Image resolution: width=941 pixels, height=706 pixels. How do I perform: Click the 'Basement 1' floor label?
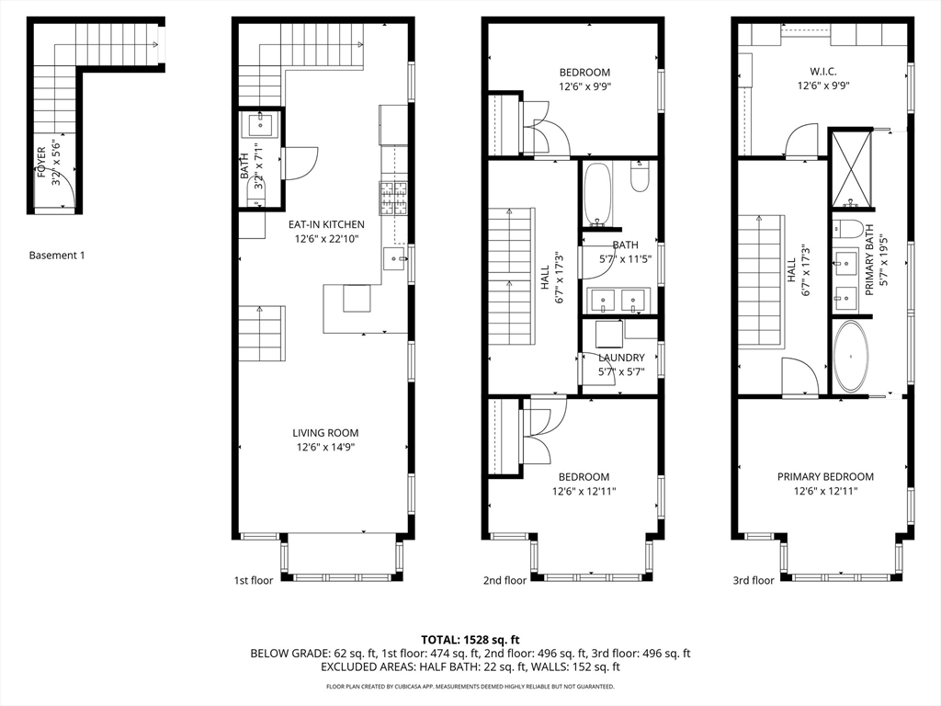point(57,256)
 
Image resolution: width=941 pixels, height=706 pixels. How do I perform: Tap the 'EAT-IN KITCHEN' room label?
point(326,224)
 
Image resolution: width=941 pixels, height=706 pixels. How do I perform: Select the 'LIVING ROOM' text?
point(326,433)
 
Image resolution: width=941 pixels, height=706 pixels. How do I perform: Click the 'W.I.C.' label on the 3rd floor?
point(823,72)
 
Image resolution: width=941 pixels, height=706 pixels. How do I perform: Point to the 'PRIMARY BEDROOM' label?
point(826,477)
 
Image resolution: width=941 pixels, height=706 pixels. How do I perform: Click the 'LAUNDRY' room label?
point(621,358)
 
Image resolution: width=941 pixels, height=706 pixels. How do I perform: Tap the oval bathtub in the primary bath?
point(850,357)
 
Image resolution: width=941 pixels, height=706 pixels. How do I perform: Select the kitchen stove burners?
point(393,199)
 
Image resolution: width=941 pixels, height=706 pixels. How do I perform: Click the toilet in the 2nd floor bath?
point(640,176)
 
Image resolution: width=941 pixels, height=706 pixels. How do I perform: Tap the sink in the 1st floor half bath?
point(260,125)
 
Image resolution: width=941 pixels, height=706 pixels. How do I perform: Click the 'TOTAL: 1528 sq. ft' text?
point(470,640)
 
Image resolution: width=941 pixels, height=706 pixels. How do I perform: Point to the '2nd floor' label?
point(505,581)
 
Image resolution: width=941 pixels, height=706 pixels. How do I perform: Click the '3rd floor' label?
point(754,581)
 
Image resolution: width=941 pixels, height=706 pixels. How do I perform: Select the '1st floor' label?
point(254,581)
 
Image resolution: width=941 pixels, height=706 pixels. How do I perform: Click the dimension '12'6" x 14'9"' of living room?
point(326,448)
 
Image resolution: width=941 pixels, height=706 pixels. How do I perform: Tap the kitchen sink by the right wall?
point(394,258)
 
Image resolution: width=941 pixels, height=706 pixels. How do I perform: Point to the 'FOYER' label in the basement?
point(41,162)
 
